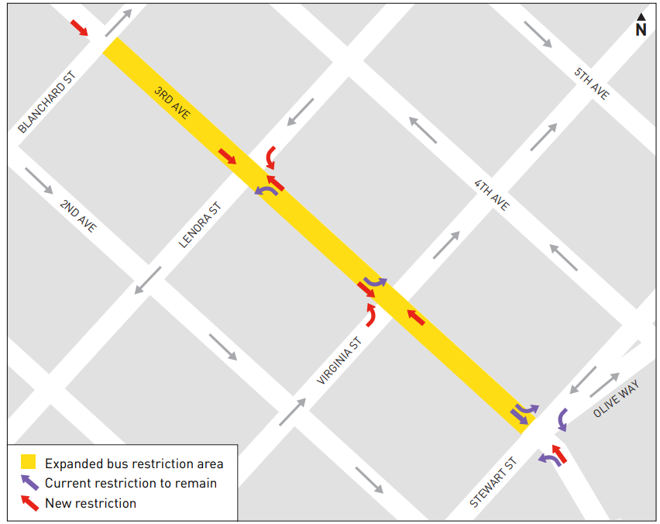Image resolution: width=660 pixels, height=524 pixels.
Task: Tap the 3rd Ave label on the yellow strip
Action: click(x=172, y=103)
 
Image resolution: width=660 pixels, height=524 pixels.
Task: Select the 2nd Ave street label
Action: click(x=78, y=216)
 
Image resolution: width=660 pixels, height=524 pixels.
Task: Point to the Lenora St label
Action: click(x=200, y=225)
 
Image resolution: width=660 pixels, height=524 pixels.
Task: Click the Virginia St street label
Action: click(x=339, y=360)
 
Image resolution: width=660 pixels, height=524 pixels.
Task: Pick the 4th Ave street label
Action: click(x=492, y=195)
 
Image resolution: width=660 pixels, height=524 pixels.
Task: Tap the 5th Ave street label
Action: click(x=592, y=83)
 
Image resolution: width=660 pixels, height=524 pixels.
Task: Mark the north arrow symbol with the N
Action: click(x=641, y=25)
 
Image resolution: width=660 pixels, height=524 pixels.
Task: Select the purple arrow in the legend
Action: click(x=29, y=482)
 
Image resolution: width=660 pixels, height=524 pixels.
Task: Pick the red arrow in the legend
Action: click(x=29, y=502)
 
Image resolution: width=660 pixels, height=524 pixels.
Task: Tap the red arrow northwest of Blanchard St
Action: click(x=79, y=27)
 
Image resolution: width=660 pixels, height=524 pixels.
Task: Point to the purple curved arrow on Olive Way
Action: click(x=562, y=419)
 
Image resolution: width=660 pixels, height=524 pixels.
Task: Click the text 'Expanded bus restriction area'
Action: click(x=134, y=464)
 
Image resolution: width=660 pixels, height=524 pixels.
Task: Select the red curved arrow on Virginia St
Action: click(x=370, y=314)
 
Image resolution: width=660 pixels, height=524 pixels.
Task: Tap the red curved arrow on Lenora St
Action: click(x=270, y=157)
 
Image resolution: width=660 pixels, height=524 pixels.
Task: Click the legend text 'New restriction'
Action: click(x=91, y=503)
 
